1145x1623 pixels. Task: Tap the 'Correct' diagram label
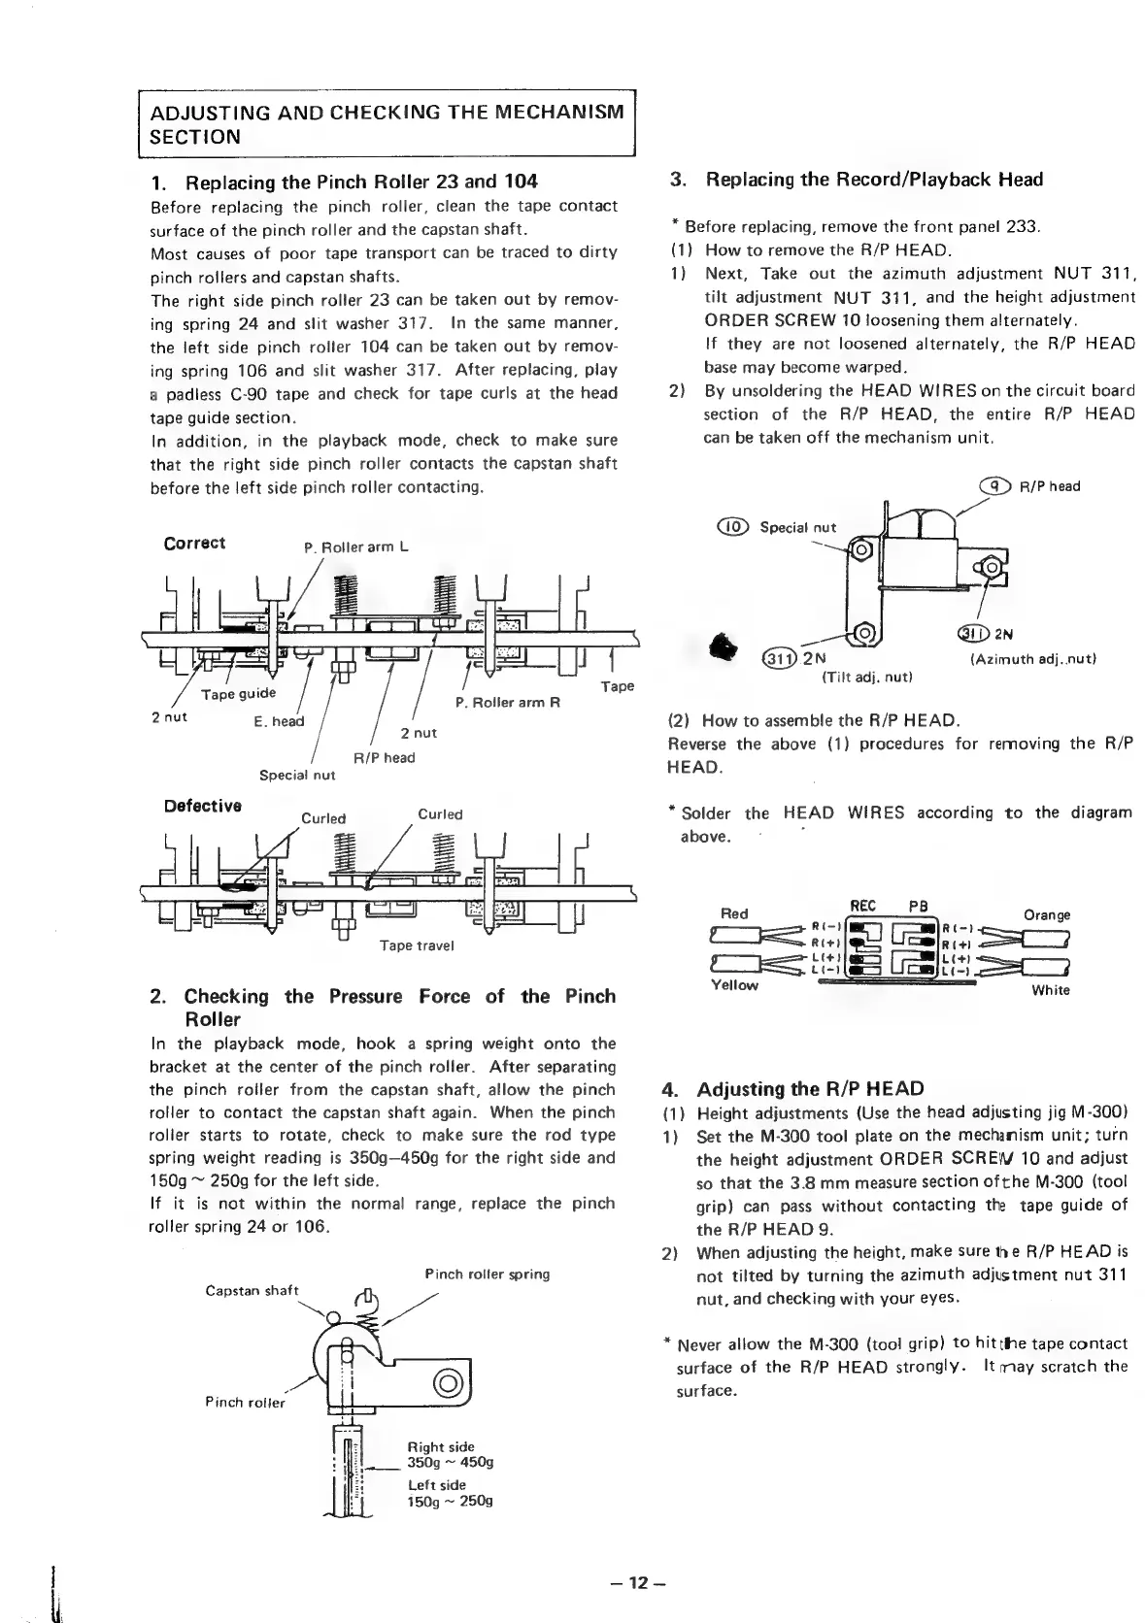click(x=194, y=543)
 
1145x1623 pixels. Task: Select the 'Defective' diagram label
click(x=202, y=806)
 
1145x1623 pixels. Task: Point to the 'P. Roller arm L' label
click(x=356, y=547)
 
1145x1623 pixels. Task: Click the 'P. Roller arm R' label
click(x=508, y=702)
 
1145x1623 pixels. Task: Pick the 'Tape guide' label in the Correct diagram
click(x=238, y=693)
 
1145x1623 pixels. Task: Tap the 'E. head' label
click(x=279, y=721)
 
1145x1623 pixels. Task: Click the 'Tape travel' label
click(x=417, y=945)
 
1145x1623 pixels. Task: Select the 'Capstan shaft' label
click(x=253, y=1290)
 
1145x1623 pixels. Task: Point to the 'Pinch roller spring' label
click(x=487, y=1274)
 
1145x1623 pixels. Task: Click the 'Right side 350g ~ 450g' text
click(x=450, y=1455)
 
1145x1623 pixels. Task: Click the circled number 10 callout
click(x=734, y=527)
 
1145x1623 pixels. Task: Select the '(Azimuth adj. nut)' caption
click(x=1033, y=659)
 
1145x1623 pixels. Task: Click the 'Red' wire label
click(x=734, y=913)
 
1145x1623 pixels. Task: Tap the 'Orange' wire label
click(x=1048, y=914)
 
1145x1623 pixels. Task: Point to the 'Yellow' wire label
click(x=735, y=985)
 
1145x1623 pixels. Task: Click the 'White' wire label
click(x=1051, y=990)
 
